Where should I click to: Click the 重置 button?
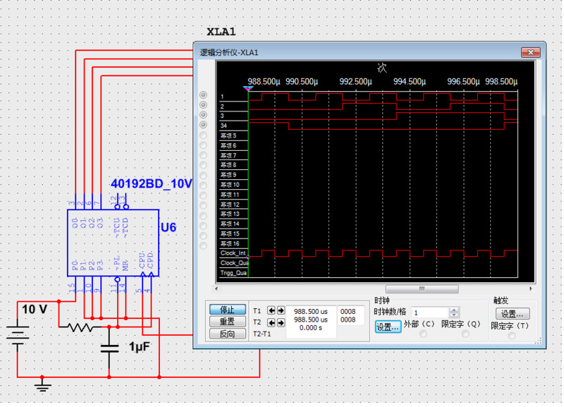[x=227, y=322]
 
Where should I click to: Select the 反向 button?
[x=227, y=334]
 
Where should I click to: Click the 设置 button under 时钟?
[x=388, y=327]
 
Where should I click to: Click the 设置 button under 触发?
[x=512, y=314]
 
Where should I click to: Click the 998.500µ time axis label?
[x=501, y=81]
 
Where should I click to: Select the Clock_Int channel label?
[x=233, y=253]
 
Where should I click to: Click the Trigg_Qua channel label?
[x=233, y=272]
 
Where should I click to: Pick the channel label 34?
[x=223, y=126]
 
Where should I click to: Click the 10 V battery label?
[x=35, y=310]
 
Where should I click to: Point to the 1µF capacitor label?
[x=139, y=347]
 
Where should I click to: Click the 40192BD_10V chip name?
[x=151, y=183]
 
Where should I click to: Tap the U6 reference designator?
[x=168, y=228]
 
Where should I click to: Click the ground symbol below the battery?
[x=44, y=386]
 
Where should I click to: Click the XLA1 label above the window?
[x=221, y=32]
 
